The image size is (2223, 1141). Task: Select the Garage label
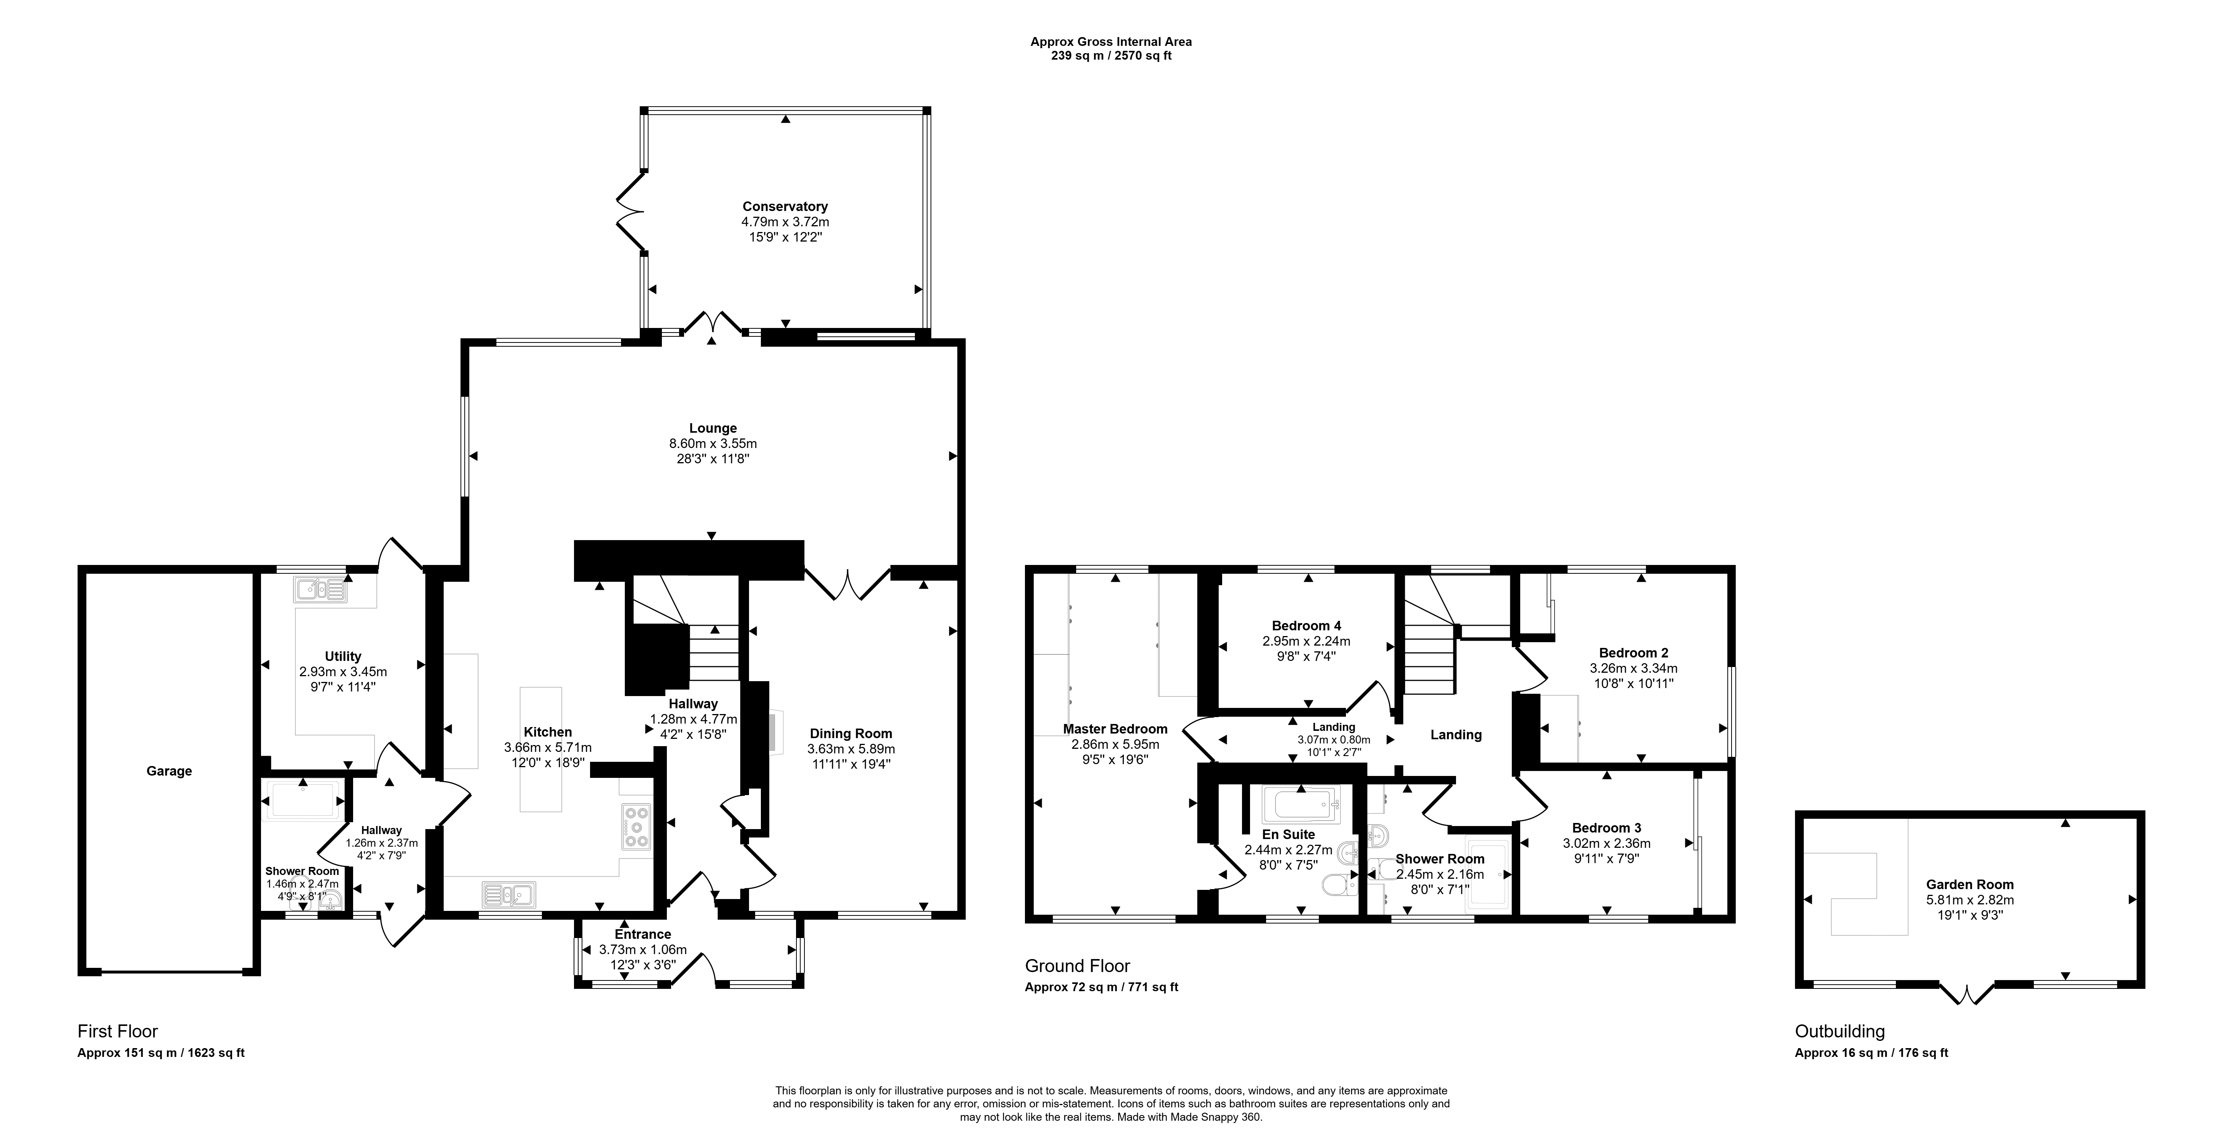point(169,771)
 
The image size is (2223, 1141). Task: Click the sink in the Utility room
point(320,589)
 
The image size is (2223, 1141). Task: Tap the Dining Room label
point(851,734)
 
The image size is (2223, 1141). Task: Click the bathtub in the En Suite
point(1300,805)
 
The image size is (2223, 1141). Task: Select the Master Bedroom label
point(1115,729)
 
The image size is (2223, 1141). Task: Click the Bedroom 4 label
point(1307,626)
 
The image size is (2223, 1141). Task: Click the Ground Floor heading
point(1077,966)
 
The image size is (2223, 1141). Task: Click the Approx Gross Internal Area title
point(1111,41)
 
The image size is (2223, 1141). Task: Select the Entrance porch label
point(643,934)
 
